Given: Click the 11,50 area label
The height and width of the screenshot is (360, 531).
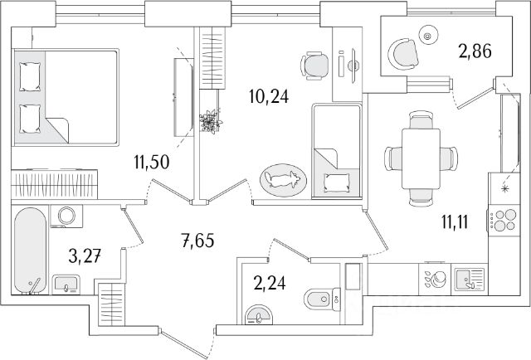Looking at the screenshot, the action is pyautogui.click(x=151, y=163).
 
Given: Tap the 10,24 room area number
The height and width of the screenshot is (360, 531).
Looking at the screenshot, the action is pyautogui.click(x=269, y=96).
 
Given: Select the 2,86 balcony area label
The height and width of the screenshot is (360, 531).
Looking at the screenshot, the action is pyautogui.click(x=475, y=51).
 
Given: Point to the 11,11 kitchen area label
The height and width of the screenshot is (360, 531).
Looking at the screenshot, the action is pyautogui.click(x=455, y=222).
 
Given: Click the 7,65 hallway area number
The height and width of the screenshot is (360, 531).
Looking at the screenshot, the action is pyautogui.click(x=198, y=241).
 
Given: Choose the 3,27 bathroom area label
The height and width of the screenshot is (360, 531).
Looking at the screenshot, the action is pyautogui.click(x=85, y=255).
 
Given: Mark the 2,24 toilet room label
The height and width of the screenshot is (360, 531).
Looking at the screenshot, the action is pyautogui.click(x=270, y=283).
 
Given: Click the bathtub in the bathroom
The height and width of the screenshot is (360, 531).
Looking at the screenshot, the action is pyautogui.click(x=30, y=251).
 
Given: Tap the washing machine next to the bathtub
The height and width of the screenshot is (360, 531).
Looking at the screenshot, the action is pyautogui.click(x=66, y=216).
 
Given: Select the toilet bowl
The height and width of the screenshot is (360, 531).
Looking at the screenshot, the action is pyautogui.click(x=322, y=299).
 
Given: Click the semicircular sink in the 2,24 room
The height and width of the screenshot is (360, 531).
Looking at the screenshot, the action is pyautogui.click(x=259, y=315).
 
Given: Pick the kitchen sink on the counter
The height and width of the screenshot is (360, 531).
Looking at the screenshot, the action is pyautogui.click(x=470, y=279).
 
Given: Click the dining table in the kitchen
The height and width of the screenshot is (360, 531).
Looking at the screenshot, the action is pyautogui.click(x=421, y=158).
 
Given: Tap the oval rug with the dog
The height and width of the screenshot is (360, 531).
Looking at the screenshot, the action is pyautogui.click(x=283, y=181).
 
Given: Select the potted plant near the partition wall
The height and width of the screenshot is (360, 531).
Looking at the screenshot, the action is pyautogui.click(x=211, y=121).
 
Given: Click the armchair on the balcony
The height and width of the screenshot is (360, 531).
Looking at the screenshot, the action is pyautogui.click(x=404, y=54).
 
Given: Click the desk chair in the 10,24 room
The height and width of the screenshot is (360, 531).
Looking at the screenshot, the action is pyautogui.click(x=314, y=66).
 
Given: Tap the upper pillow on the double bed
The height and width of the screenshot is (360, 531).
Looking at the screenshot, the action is pyautogui.click(x=30, y=77).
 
